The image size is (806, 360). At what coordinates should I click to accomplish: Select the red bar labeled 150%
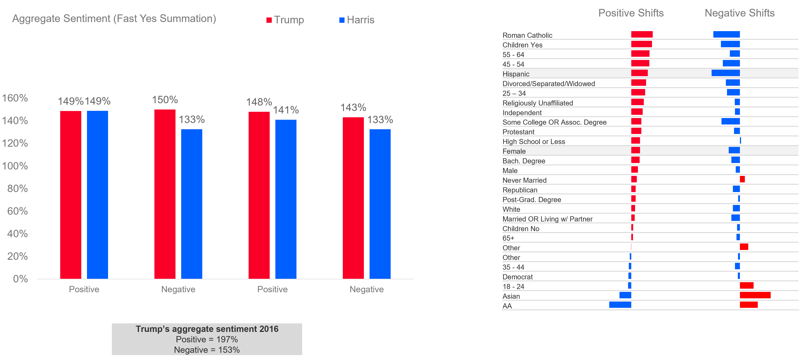165,194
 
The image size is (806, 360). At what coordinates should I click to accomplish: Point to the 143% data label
353,108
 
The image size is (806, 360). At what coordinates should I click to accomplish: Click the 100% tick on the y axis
15,166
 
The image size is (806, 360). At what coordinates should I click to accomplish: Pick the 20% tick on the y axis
17,256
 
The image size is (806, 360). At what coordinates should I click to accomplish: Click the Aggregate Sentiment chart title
114,19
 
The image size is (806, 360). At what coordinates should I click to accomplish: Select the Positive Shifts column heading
631,13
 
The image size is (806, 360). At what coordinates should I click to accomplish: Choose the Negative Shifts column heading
739,13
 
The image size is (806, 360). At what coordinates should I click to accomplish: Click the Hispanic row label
516,74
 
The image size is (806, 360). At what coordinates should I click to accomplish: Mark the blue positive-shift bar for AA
620,305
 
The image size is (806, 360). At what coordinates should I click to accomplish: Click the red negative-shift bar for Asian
755,295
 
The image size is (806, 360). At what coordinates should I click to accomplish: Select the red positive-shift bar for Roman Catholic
642,34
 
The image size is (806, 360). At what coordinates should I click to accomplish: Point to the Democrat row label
518,277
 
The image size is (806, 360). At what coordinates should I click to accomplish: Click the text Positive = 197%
207,339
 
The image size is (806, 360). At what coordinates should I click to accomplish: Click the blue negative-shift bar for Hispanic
726,73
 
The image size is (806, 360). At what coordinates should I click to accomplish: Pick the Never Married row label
524,180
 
